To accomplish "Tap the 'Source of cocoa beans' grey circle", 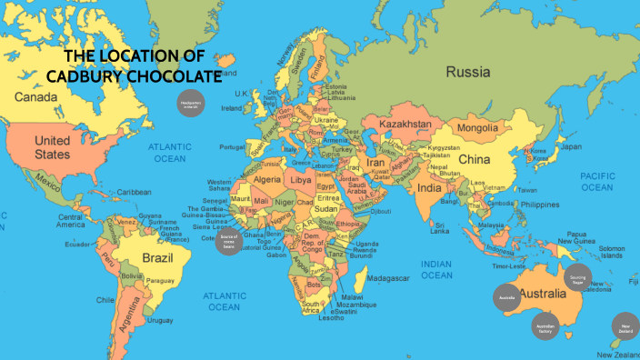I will click(x=229, y=242).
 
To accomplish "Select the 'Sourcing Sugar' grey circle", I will click(x=577, y=278).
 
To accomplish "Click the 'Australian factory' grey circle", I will click(x=545, y=327).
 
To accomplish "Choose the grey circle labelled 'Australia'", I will click(x=506, y=296).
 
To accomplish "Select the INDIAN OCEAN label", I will click(x=436, y=269).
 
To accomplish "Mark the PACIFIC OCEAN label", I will click(x=597, y=181).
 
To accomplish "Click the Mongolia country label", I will click(x=477, y=127).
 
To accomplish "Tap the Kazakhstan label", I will click(x=405, y=123).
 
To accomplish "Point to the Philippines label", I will click(x=539, y=205).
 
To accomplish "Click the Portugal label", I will click(x=233, y=147).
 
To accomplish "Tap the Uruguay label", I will click(x=159, y=320).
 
